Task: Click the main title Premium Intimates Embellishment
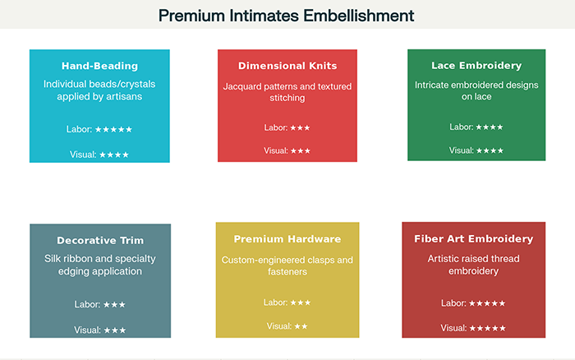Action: click(x=287, y=15)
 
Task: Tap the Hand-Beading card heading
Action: click(x=99, y=66)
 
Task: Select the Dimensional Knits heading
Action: click(x=287, y=66)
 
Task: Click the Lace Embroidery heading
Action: click(x=476, y=66)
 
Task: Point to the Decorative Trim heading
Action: click(x=100, y=241)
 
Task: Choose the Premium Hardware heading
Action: click(x=287, y=239)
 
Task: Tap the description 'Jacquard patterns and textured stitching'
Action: click(x=287, y=92)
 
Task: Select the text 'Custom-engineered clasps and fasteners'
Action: click(x=287, y=265)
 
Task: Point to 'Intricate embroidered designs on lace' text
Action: click(x=476, y=90)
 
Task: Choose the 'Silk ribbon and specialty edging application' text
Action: click(x=100, y=265)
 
